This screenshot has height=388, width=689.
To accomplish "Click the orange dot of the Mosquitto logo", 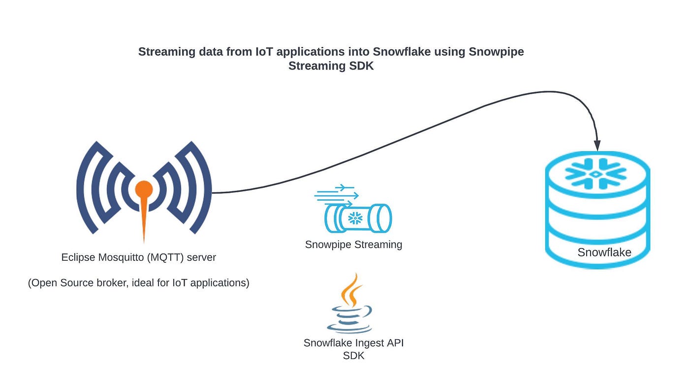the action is tap(144, 189).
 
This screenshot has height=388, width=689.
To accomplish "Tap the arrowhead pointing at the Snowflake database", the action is tap(597, 145).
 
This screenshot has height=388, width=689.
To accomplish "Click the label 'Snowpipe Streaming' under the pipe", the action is tap(353, 245).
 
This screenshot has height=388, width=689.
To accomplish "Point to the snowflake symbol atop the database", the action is tap(595, 174).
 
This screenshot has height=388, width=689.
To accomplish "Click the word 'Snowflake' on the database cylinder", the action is tap(604, 252).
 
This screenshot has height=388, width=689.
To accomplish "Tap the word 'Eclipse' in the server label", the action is tap(78, 257).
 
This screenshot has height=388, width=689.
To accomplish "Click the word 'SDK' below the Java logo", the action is tap(353, 355).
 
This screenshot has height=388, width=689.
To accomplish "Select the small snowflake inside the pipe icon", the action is tap(355, 217).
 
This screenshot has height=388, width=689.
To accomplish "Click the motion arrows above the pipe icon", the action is tap(334, 195).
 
